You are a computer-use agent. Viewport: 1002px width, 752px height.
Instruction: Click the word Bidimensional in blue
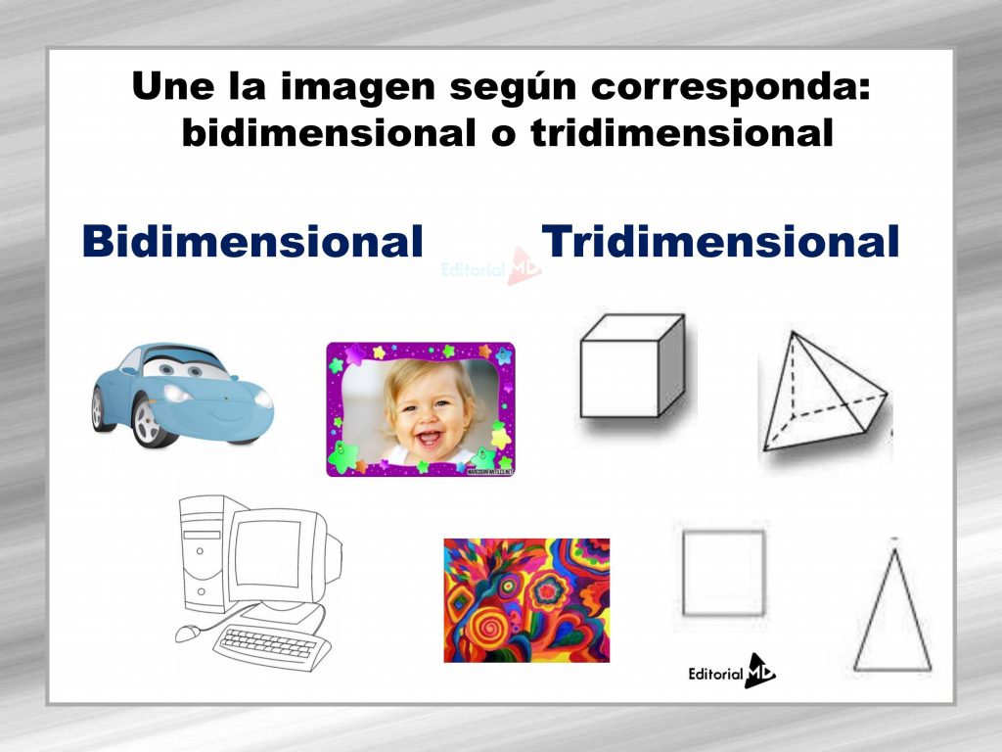(x=251, y=241)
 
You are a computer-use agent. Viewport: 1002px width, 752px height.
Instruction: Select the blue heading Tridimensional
(x=720, y=241)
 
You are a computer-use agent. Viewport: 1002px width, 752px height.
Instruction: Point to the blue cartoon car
(x=181, y=393)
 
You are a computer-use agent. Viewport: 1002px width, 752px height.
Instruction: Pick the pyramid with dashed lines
(x=822, y=396)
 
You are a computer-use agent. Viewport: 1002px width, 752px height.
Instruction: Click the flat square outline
(x=723, y=573)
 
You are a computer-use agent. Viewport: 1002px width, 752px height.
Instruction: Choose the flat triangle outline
(x=891, y=613)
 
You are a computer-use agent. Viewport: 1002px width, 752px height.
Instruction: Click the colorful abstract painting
(x=525, y=600)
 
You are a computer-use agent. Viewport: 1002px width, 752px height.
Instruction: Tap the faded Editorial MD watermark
(x=489, y=266)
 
